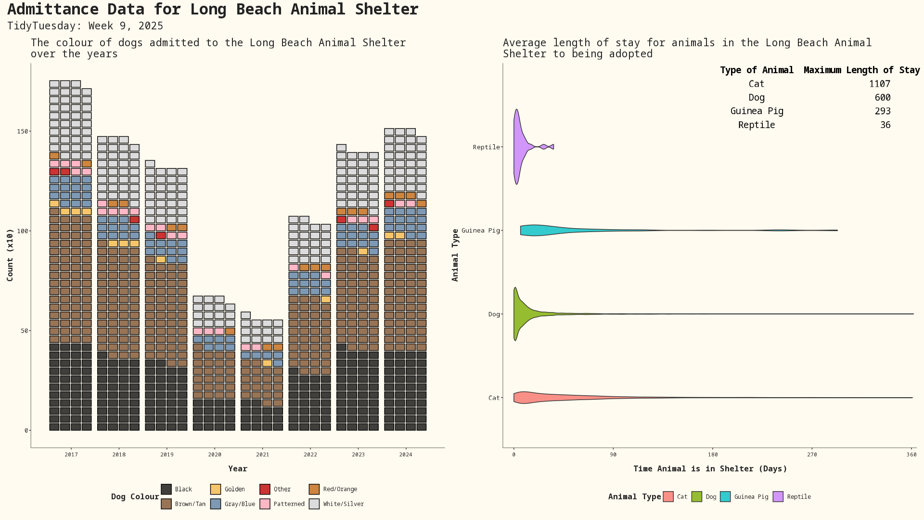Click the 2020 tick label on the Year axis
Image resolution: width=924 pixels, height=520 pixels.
(x=215, y=455)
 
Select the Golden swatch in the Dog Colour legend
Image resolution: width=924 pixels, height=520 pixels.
(x=216, y=489)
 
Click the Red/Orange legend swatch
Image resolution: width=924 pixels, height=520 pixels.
(x=314, y=489)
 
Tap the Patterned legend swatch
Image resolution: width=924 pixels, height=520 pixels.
(x=265, y=504)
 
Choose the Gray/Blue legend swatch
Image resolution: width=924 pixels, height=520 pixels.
(x=216, y=504)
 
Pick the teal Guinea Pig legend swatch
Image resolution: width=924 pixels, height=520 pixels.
(x=725, y=497)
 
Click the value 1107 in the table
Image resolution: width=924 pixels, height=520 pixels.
(x=879, y=84)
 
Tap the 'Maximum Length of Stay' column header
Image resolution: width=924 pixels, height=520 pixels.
(x=861, y=70)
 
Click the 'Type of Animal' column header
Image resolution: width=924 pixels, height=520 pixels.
(x=757, y=70)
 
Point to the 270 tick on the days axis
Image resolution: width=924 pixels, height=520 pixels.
(x=812, y=455)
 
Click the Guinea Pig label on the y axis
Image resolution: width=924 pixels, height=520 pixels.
(x=480, y=231)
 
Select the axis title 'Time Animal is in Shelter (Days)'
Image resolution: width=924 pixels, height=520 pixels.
(x=710, y=469)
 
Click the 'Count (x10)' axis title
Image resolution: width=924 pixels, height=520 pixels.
(x=10, y=255)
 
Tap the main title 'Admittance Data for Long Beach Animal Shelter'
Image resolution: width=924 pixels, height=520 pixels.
(x=213, y=10)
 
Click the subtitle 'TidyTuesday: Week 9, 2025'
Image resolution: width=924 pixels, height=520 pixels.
(x=85, y=26)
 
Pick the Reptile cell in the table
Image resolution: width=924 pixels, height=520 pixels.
(x=757, y=125)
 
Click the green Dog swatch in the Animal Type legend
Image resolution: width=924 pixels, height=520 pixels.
(x=696, y=497)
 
